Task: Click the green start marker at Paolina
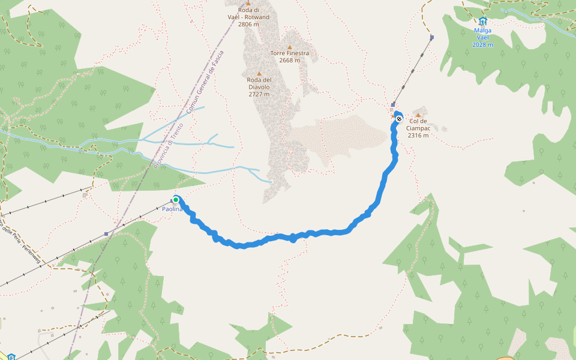(x=176, y=200)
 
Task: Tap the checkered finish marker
(x=398, y=119)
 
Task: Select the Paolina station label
(x=172, y=209)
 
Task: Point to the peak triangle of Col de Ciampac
(x=418, y=115)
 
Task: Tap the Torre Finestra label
(x=289, y=53)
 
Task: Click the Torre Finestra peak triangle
(x=289, y=47)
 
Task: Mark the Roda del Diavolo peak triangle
(x=259, y=73)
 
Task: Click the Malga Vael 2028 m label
(x=482, y=37)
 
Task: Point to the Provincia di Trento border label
(x=167, y=145)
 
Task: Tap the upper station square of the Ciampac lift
(x=432, y=38)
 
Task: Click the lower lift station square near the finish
(x=393, y=105)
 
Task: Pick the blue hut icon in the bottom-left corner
(x=11, y=357)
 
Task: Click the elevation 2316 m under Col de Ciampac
(x=418, y=136)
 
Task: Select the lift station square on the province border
(x=106, y=234)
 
